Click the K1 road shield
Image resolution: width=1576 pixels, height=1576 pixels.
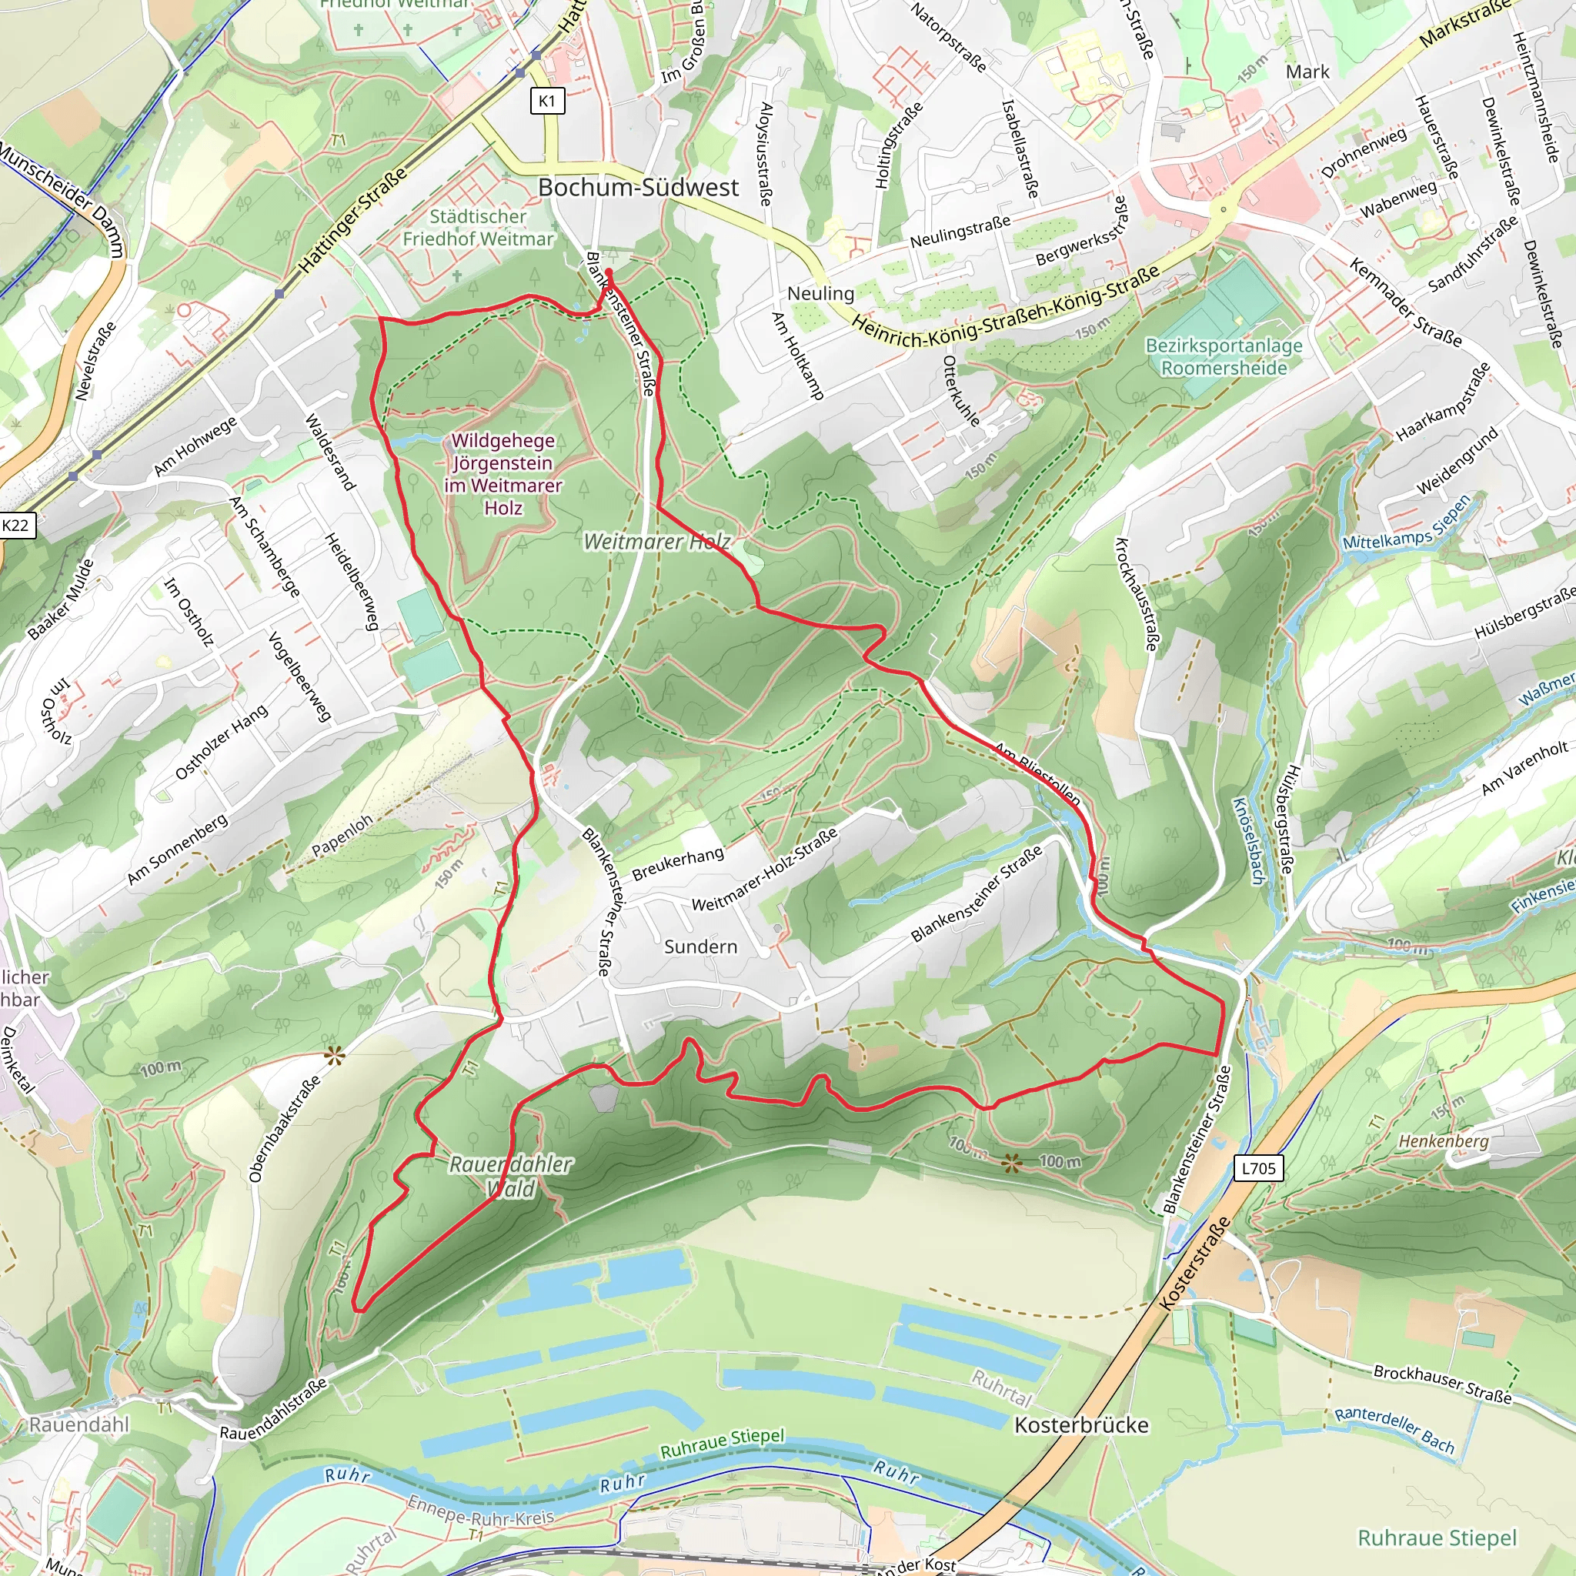tap(546, 101)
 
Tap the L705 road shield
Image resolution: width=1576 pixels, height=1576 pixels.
tap(1258, 1168)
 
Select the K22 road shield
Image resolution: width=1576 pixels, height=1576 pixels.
tap(15, 526)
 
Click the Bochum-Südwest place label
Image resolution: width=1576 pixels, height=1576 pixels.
tap(638, 188)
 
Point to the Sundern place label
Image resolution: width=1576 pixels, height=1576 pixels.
tap(700, 947)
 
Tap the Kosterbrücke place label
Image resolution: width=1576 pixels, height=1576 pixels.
tap(1081, 1425)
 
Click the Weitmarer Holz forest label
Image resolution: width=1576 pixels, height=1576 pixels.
tap(656, 542)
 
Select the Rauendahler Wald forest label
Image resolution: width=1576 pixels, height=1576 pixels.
tap(511, 1177)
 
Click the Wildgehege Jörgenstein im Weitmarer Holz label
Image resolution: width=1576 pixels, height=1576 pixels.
tap(503, 474)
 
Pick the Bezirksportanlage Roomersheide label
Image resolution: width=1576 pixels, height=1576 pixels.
tap(1224, 356)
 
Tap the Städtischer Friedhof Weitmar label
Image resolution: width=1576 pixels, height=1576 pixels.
tap(478, 228)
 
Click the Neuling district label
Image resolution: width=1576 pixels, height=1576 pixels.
tap(820, 294)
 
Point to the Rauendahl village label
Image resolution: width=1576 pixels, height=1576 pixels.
tap(79, 1424)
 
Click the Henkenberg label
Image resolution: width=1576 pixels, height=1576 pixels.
tap(1443, 1141)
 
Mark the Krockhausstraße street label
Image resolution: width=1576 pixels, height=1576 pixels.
tap(1136, 595)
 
